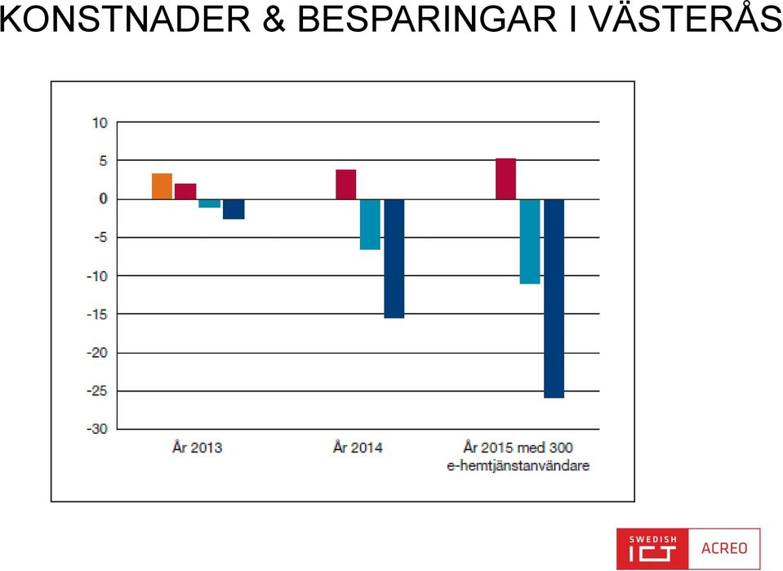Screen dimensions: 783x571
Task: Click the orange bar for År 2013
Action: coord(162,186)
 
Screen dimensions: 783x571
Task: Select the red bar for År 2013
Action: coord(185,191)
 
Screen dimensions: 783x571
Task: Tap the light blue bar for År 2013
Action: coord(209,203)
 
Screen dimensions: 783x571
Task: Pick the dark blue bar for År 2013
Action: coord(234,209)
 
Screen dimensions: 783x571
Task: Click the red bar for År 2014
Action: coord(345,185)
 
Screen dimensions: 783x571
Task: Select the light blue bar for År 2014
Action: coord(370,225)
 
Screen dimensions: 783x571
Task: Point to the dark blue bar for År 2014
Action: coord(394,259)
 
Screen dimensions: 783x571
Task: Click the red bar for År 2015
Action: coord(506,179)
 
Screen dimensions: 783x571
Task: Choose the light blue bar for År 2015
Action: coord(530,242)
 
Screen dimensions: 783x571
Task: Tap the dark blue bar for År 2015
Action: coord(554,299)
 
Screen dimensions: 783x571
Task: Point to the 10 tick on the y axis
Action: coord(100,123)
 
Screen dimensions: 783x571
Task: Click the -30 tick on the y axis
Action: coord(97,429)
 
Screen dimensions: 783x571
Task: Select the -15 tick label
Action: coord(97,314)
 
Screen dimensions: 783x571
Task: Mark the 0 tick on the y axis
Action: coord(104,199)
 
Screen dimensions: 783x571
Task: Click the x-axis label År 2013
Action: coord(198,447)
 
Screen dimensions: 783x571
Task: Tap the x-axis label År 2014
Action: coord(358,447)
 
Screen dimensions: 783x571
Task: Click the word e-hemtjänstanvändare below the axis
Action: coord(518,466)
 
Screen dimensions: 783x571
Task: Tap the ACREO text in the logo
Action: coord(724,548)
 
